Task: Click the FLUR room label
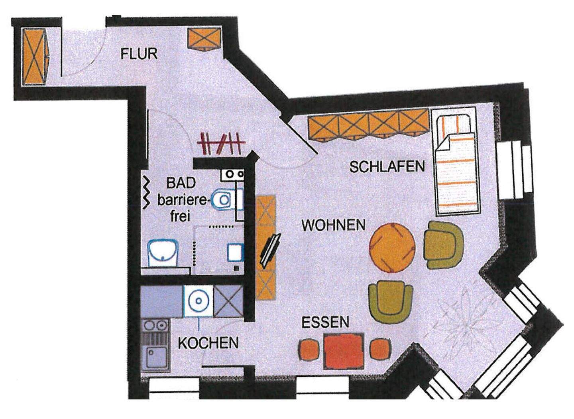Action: pos(139,53)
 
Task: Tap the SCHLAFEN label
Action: pos(387,166)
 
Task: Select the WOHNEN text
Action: pos(333,225)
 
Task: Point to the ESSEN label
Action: pos(325,322)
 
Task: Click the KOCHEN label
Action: pos(208,343)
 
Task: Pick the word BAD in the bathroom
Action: pos(181,183)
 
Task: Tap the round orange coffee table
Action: pos(392,248)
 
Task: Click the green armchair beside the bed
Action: pos(443,245)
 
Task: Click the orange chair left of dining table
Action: pos(309,349)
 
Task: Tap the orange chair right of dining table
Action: pos(380,349)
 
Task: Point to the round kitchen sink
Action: pos(198,300)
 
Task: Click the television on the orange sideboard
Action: pos(270,250)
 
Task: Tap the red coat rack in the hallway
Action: pos(220,143)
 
